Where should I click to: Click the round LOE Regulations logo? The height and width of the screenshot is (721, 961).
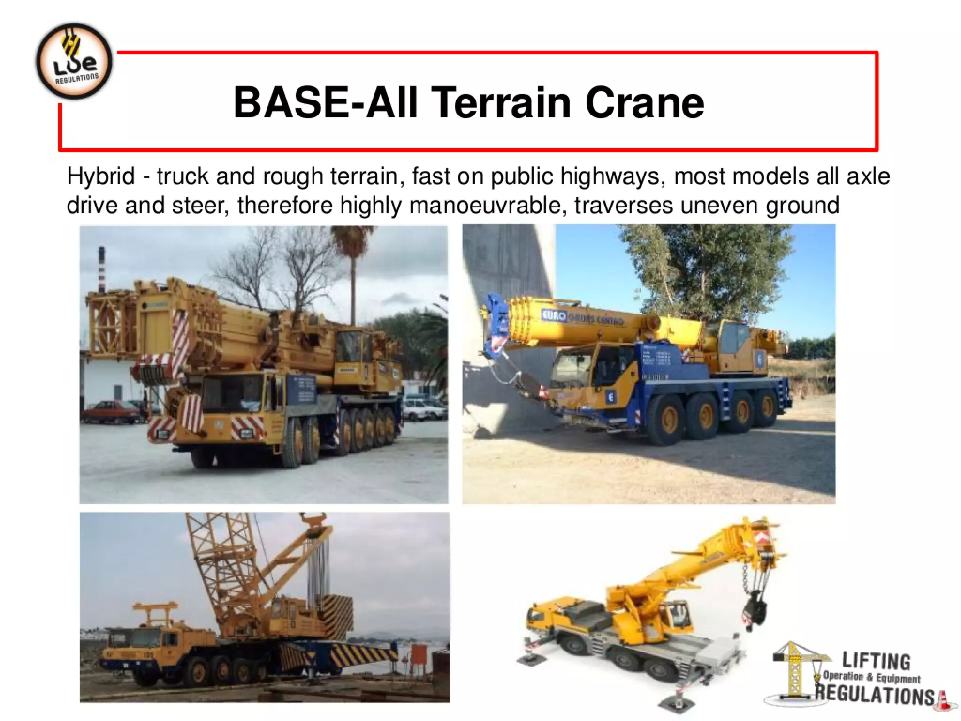(74, 61)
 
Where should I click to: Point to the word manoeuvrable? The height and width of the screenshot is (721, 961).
(484, 206)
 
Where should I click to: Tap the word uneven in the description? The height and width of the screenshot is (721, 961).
(720, 206)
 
